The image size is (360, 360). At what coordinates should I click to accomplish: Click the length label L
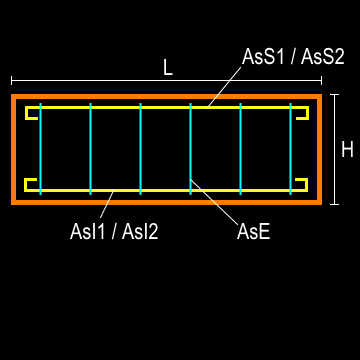click(x=168, y=68)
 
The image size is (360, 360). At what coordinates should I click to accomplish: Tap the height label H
click(x=347, y=150)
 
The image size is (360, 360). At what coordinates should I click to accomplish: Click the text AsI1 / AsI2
click(x=114, y=232)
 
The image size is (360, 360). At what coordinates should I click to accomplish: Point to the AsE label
click(x=254, y=232)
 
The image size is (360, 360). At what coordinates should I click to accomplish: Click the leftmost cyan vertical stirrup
click(x=40, y=150)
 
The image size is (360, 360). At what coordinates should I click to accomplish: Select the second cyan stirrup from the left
click(x=90, y=150)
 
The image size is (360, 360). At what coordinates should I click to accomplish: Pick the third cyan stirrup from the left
click(x=140, y=150)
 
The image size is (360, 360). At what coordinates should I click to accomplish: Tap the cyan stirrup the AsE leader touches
click(x=190, y=140)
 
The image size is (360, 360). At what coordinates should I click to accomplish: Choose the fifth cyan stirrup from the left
click(x=240, y=150)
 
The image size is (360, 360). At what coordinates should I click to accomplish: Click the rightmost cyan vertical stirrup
click(x=290, y=150)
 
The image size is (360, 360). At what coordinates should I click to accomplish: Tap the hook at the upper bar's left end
click(x=29, y=113)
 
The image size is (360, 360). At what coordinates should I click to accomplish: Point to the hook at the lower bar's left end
click(x=29, y=184)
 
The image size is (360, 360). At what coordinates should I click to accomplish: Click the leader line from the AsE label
click(x=215, y=201)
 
